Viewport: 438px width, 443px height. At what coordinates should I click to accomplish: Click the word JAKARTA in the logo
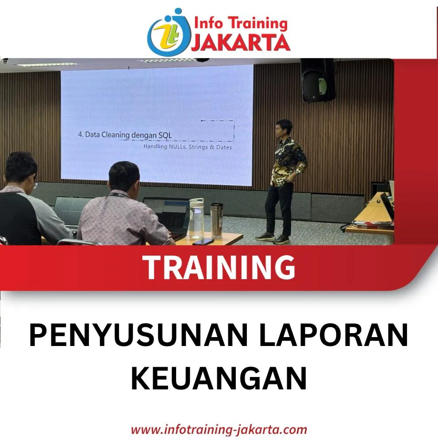[241, 43]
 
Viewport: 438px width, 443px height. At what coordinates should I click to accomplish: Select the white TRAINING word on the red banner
[219, 267]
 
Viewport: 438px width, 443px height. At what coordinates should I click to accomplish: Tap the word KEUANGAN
[219, 378]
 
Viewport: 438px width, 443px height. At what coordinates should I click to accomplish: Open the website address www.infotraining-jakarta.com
[219, 430]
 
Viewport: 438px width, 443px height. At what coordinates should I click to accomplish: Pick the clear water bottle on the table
[196, 218]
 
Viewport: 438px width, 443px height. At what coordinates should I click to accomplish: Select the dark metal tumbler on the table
[216, 220]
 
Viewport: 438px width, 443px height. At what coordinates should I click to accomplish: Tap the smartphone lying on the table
[203, 242]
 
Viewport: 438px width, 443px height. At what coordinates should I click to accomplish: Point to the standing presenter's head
[284, 128]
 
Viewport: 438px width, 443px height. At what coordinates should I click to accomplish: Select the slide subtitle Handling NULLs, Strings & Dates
[188, 147]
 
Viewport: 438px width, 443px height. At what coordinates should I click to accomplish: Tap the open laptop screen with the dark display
[169, 214]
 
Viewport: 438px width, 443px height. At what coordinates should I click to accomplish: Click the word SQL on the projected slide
[165, 135]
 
